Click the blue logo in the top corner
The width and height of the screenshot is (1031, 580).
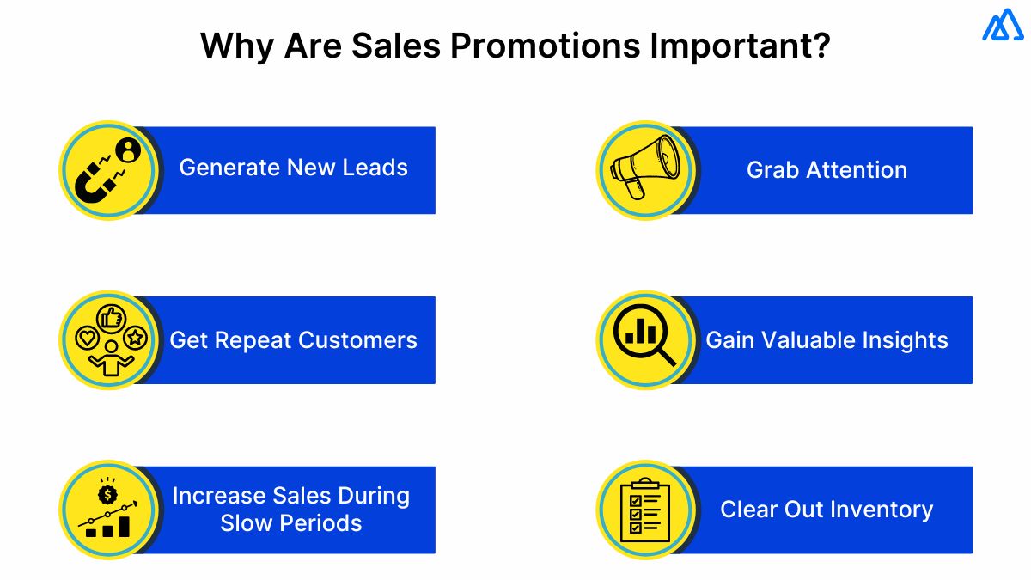[1001, 26]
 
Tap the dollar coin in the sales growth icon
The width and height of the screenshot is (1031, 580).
[107, 493]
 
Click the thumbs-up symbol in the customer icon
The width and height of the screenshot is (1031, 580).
[110, 319]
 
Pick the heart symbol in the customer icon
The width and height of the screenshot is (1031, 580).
[86, 339]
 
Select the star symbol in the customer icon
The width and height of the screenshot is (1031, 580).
[136, 339]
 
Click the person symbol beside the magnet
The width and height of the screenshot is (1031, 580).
[128, 151]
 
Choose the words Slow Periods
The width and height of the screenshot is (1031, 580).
[291, 523]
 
